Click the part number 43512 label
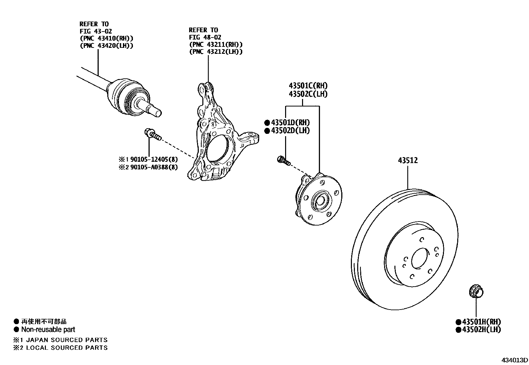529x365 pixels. (x=408, y=160)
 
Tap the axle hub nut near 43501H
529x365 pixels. (x=476, y=292)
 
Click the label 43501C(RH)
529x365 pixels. (x=308, y=86)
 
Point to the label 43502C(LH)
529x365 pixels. (x=308, y=94)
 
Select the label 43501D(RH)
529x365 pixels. (x=290, y=122)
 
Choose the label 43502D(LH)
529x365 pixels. (x=290, y=131)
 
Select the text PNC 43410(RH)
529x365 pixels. (x=106, y=38)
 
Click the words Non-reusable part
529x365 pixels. (x=48, y=329)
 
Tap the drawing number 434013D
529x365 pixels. (x=514, y=360)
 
